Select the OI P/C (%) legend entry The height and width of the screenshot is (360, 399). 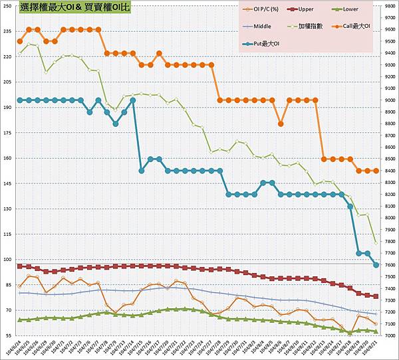pos(270,10)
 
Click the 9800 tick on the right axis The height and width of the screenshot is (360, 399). pos(389,7)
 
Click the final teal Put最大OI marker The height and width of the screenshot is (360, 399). pos(376,265)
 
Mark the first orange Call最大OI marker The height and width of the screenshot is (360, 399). pos(20,41)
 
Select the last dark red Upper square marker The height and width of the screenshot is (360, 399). pos(376,296)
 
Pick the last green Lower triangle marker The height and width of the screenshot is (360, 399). pos(376,331)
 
